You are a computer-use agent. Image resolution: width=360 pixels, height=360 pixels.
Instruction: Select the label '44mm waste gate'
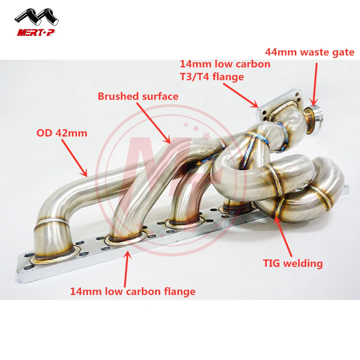click(x=310, y=52)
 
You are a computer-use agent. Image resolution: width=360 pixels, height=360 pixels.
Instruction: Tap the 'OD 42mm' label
click(x=62, y=133)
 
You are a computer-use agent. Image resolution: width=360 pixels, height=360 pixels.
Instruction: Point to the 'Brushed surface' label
click(x=138, y=96)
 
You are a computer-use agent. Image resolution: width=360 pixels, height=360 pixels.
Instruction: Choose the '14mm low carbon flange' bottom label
click(x=133, y=291)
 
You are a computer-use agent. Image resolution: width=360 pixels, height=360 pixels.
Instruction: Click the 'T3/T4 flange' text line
click(x=212, y=76)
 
